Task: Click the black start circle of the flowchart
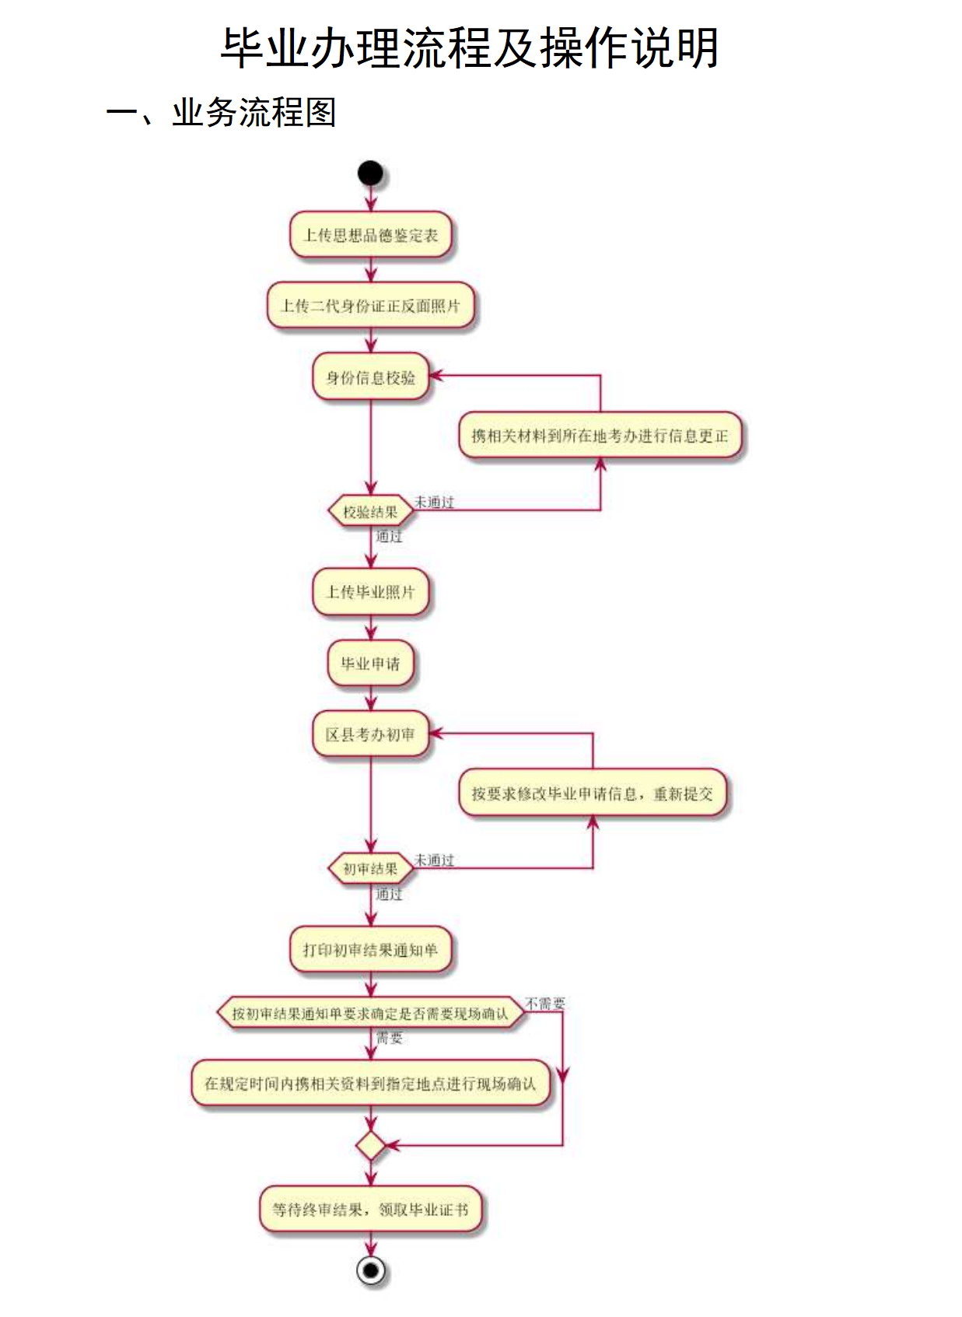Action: click(x=370, y=173)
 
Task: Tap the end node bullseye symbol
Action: click(x=371, y=1270)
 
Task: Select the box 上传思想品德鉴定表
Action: click(x=370, y=235)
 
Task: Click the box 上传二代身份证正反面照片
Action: click(x=370, y=306)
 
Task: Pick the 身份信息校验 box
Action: click(x=370, y=377)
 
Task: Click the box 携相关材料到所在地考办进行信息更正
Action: click(x=600, y=436)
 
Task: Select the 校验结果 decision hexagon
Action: click(x=370, y=512)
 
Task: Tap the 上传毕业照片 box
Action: click(x=370, y=592)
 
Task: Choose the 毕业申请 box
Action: click(x=370, y=664)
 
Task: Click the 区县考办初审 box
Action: click(x=370, y=734)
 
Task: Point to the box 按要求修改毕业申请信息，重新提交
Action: click(x=592, y=793)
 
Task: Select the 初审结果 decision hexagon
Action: click(x=370, y=868)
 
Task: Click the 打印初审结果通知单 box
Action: click(x=370, y=950)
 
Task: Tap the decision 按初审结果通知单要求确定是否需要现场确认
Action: click(x=370, y=1014)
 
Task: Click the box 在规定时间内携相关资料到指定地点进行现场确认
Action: click(x=370, y=1083)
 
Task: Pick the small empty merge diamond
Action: click(x=371, y=1146)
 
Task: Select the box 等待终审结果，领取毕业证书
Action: click(x=370, y=1210)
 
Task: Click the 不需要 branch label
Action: click(x=545, y=1004)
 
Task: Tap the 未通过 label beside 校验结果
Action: click(x=434, y=502)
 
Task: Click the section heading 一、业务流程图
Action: click(x=221, y=113)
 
